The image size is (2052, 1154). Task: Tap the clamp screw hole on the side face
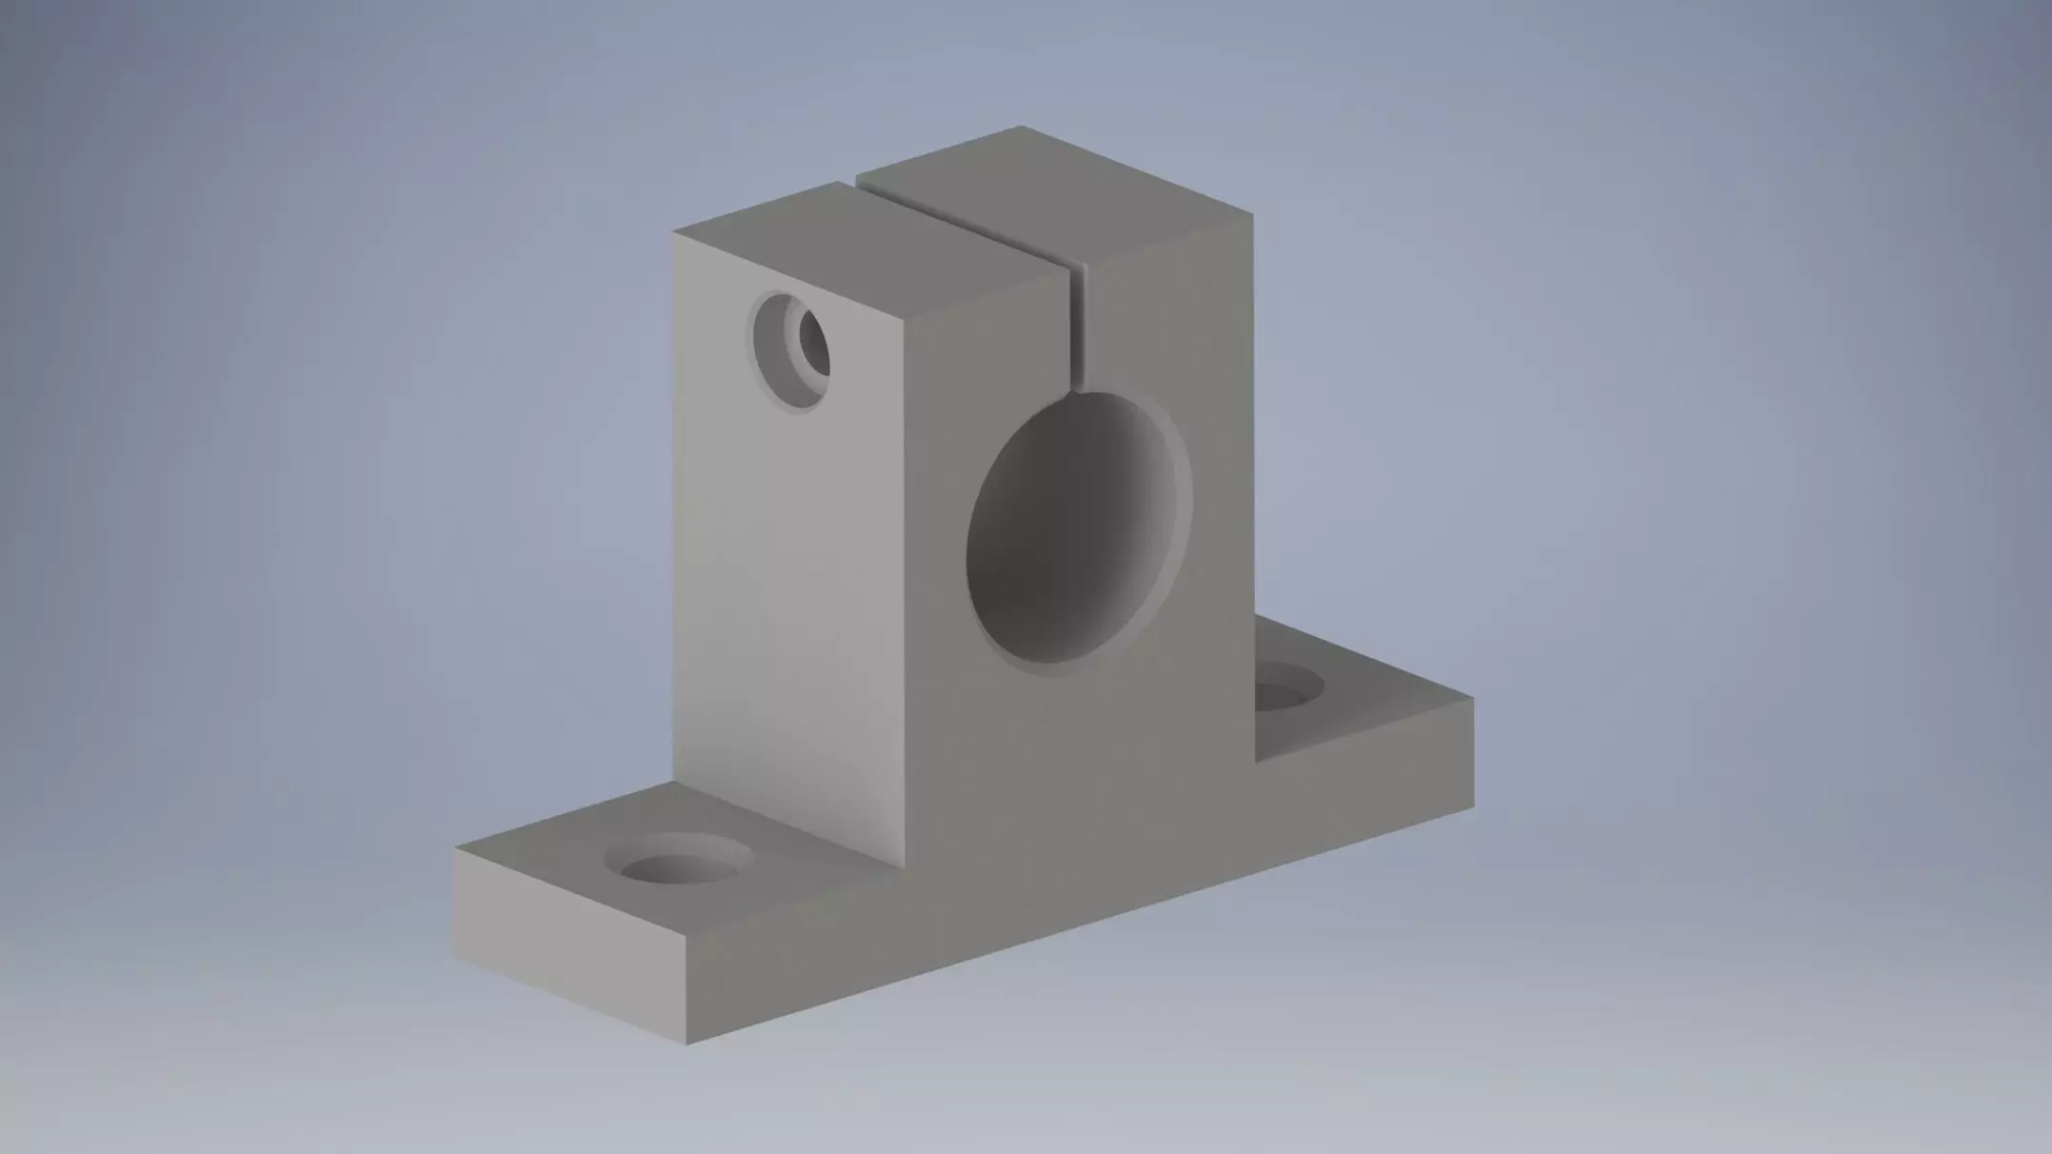coord(789,350)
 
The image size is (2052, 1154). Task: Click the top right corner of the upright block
coord(1252,213)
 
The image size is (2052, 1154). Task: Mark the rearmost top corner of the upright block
coord(1021,127)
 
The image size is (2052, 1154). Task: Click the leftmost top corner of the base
coord(454,848)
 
